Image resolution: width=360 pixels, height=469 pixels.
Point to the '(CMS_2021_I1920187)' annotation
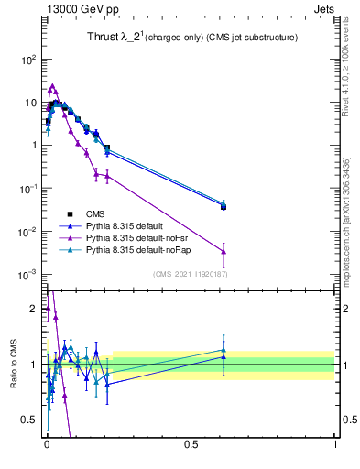click(191, 274)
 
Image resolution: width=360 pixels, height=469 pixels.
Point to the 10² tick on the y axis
click(29, 59)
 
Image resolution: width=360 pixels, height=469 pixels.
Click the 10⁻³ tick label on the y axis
click(27, 275)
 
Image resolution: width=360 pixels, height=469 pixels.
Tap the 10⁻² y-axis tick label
click(27, 232)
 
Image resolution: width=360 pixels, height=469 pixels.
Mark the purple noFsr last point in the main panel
click(224, 252)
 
